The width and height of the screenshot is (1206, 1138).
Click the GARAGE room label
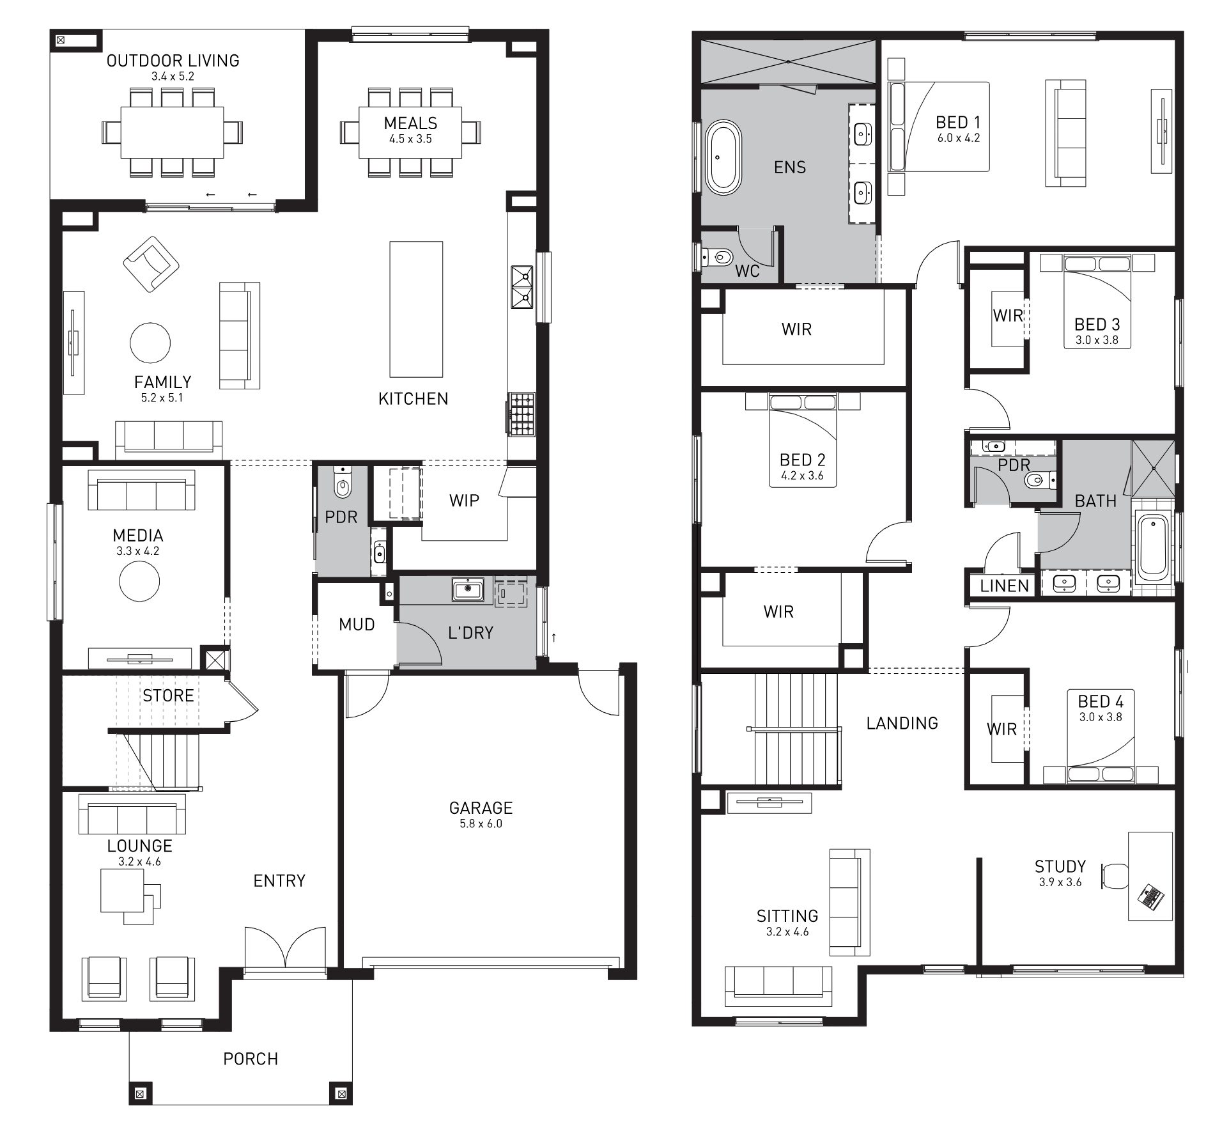481,807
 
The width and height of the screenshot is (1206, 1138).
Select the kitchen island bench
416,309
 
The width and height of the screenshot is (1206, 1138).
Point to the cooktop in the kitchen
522,414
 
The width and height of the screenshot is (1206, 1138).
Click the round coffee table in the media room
139,581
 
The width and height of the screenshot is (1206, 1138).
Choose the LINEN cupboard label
1005,586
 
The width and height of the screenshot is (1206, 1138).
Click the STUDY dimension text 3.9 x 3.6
1060,882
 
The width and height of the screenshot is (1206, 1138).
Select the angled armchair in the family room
151,264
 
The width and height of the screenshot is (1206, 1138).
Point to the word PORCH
251,1059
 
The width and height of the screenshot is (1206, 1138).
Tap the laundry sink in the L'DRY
468,589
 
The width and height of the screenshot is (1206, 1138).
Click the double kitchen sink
522,287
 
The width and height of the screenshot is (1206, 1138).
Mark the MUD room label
357,624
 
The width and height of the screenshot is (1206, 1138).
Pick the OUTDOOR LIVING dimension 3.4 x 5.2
173,76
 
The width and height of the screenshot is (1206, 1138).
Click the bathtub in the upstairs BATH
1153,545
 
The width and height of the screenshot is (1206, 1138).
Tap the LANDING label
902,723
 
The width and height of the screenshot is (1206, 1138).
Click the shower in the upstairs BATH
1154,468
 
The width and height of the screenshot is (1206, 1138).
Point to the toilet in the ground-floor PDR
343,484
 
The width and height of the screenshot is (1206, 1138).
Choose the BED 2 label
802,460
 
